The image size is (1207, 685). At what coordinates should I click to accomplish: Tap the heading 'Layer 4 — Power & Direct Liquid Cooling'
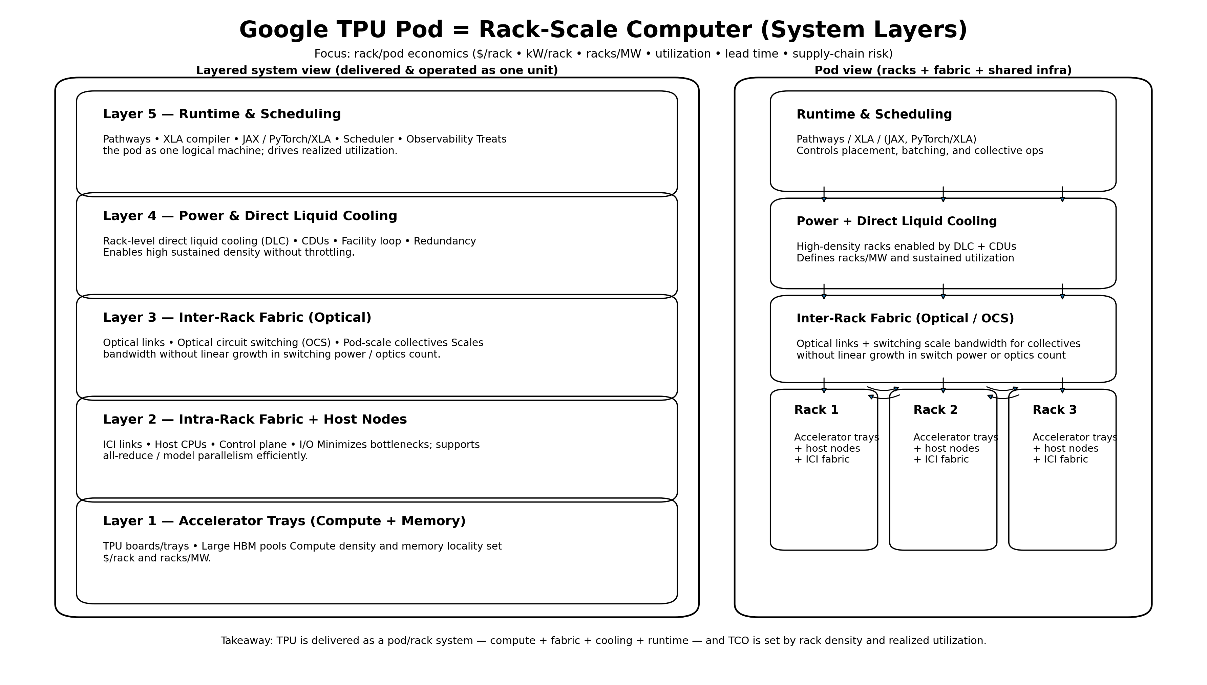(x=250, y=216)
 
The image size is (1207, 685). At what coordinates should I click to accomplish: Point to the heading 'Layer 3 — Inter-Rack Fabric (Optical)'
(x=237, y=318)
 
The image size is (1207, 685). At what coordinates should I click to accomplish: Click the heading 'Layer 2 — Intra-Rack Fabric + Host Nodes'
(x=255, y=419)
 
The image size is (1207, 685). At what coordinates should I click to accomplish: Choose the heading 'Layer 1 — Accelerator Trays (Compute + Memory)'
(x=284, y=521)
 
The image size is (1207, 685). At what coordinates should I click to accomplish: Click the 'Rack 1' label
(x=816, y=410)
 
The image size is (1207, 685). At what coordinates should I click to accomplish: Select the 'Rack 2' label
(x=935, y=410)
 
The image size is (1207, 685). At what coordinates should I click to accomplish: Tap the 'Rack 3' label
(x=1054, y=410)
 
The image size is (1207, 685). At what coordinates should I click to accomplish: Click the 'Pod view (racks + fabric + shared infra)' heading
(x=943, y=70)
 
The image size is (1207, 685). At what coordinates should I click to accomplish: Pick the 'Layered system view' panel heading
(x=377, y=70)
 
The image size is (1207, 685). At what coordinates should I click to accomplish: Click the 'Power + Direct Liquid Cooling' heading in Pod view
(x=896, y=221)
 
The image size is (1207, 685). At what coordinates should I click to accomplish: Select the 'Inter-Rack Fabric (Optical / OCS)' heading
(x=905, y=319)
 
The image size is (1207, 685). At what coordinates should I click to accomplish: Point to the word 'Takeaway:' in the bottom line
(x=247, y=641)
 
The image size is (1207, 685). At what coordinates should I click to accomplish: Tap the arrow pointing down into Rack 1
(x=824, y=386)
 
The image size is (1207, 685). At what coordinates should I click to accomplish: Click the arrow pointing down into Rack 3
(x=1062, y=386)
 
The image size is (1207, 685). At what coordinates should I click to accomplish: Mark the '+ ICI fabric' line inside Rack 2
(x=941, y=459)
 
